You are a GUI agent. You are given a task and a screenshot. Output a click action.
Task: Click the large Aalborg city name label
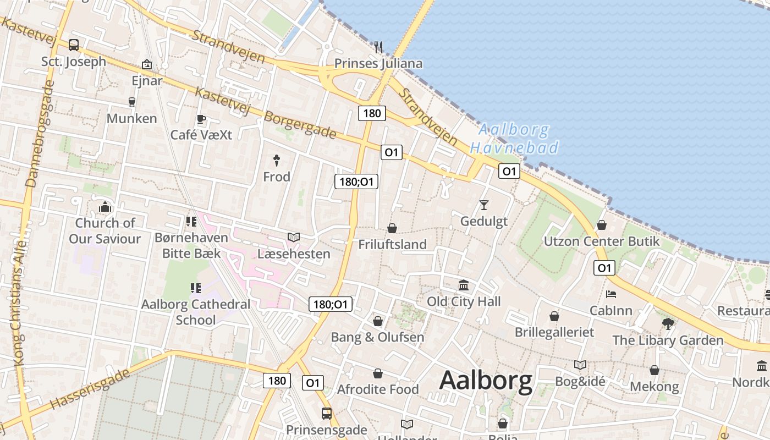[x=486, y=381]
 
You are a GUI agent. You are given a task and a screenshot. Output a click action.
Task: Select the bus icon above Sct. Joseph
[x=74, y=45]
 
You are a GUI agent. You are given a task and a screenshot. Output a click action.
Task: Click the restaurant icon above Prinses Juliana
[x=378, y=47]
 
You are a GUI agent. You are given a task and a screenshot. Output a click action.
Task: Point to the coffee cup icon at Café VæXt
[x=201, y=119]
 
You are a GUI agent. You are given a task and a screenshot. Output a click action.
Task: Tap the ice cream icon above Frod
[x=277, y=161]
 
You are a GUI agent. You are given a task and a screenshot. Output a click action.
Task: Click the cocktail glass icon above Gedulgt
[x=484, y=205]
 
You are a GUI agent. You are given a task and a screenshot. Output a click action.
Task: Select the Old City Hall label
[x=464, y=301]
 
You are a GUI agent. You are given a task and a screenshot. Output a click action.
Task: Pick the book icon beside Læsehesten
[x=294, y=238]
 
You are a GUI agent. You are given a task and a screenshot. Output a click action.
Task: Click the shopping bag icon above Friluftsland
[x=392, y=228]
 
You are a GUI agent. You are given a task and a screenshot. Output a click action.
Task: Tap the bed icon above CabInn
[x=610, y=294]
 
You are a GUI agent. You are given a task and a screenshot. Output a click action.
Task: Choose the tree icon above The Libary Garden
[x=668, y=323]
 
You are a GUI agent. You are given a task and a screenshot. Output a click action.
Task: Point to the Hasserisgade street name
[x=91, y=388]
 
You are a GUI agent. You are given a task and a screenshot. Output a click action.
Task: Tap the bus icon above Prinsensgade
[x=327, y=413]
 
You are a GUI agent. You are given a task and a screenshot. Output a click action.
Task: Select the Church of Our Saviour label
[x=105, y=230]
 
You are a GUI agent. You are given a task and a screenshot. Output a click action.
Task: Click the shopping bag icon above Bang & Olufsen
[x=378, y=321]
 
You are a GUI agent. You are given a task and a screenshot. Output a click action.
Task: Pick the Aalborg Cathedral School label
[x=196, y=312]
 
